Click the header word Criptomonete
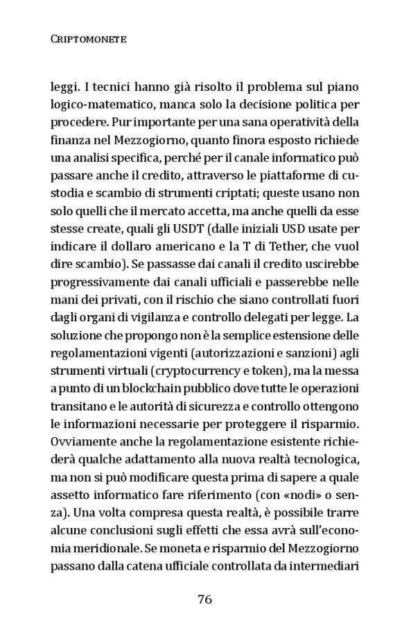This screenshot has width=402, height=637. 88,40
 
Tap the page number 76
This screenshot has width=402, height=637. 205,600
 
